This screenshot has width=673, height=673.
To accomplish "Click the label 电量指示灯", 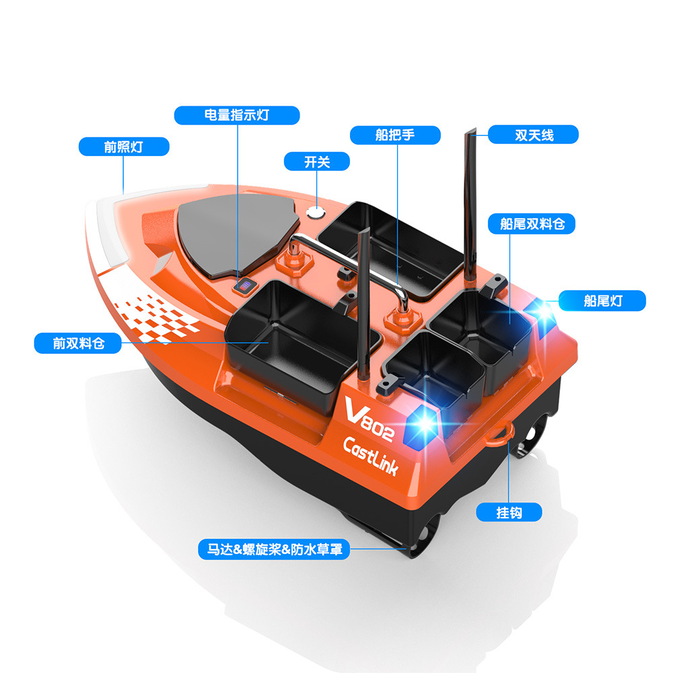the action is coord(236,115).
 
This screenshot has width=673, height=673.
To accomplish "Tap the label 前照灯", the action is coord(124,146).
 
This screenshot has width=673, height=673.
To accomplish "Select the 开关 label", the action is coord(317,162).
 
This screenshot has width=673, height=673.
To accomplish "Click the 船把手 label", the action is coord(395,135).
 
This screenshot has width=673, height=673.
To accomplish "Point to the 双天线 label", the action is coord(534,135).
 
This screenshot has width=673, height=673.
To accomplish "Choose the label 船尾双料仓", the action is coord(532,224).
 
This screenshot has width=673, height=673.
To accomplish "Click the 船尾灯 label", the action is coord(603,300).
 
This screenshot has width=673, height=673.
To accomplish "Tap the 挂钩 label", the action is coord(509,512).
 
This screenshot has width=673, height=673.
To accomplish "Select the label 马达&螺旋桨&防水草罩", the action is coord(275,549).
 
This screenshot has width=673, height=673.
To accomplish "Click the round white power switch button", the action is coord(315,213).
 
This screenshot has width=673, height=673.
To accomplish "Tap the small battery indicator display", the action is coord(244,287).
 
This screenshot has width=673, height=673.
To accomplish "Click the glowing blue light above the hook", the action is coord(425,423).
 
